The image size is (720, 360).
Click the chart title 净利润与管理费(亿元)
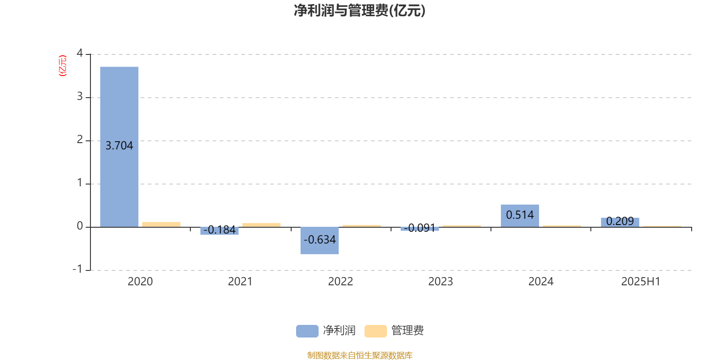click(x=360, y=11)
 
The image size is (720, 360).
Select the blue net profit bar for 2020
click(x=119, y=147)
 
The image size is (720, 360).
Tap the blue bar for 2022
click(x=319, y=241)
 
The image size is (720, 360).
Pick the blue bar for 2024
click(x=520, y=216)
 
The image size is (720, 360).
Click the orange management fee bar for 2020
click(x=162, y=225)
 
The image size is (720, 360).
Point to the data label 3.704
click(x=119, y=146)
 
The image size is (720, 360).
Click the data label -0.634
click(x=319, y=240)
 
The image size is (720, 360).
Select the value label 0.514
click(x=520, y=215)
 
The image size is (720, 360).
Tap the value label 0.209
click(x=620, y=221)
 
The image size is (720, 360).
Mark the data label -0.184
click(x=220, y=230)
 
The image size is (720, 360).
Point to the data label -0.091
click(x=419, y=228)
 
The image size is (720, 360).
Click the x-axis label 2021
click(x=240, y=282)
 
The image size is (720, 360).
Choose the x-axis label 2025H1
click(x=641, y=282)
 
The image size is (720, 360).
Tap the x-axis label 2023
click(x=441, y=282)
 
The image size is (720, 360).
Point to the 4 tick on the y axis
click(x=80, y=53)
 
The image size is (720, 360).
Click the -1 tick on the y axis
click(x=77, y=269)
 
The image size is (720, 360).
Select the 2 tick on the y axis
click(x=80, y=139)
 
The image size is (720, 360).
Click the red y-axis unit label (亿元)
click(x=63, y=66)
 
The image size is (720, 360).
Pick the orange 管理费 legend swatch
click(x=375, y=331)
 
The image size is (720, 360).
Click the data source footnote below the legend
click(x=360, y=355)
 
